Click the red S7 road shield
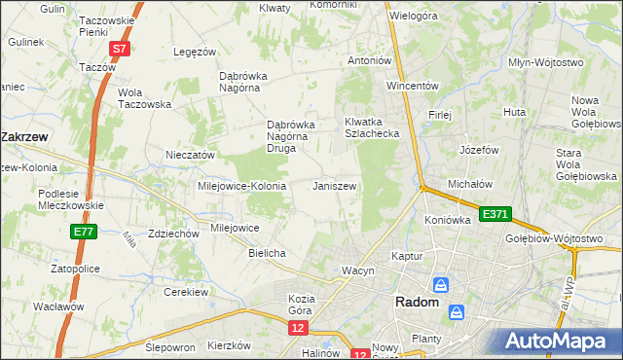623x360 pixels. point(118,48)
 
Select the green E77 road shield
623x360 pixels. point(82,232)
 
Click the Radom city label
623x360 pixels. point(417,303)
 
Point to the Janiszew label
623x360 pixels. point(334,185)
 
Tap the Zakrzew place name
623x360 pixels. point(27,137)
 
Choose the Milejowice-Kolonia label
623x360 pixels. point(241,186)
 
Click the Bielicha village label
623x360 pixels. point(267,253)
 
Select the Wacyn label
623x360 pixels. point(357,270)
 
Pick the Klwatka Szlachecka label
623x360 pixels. point(372,127)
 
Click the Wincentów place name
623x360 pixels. point(413,85)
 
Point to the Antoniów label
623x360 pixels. point(370,60)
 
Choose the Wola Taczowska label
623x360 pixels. point(144,98)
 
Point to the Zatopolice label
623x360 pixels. point(55,266)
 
